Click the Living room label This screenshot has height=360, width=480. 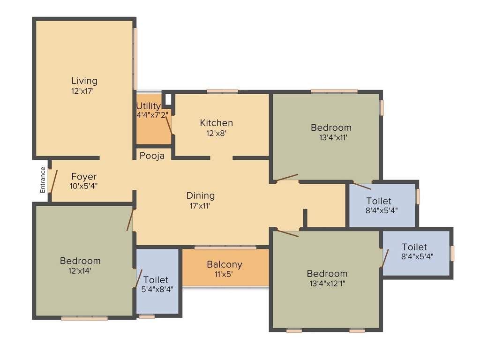[84, 81]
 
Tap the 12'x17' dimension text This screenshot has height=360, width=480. [82, 91]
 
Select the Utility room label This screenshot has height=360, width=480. [149, 106]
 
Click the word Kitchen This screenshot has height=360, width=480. [216, 123]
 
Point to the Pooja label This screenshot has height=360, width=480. [152, 156]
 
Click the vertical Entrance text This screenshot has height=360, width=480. [43, 180]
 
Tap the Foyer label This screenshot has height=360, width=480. [84, 177]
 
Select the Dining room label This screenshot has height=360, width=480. [201, 195]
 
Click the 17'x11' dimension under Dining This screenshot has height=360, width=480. [201, 205]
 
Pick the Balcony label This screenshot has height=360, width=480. [225, 264]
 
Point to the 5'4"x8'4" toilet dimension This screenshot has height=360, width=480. [157, 289]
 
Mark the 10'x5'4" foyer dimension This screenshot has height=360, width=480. [84, 186]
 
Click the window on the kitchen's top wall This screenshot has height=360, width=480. [222, 91]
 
